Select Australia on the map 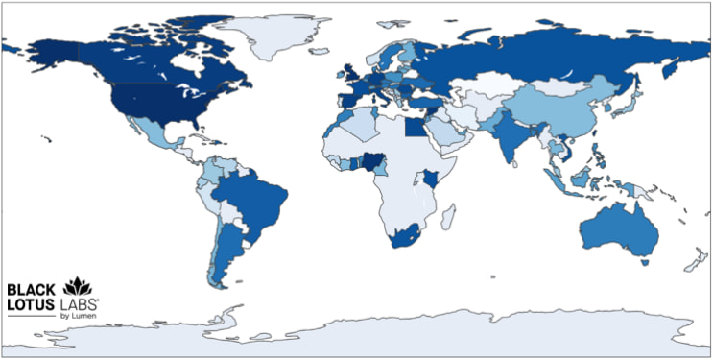pyautogui.click(x=615, y=230)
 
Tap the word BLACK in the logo pyautogui.click(x=32, y=288)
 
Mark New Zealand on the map pyautogui.click(x=693, y=258)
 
